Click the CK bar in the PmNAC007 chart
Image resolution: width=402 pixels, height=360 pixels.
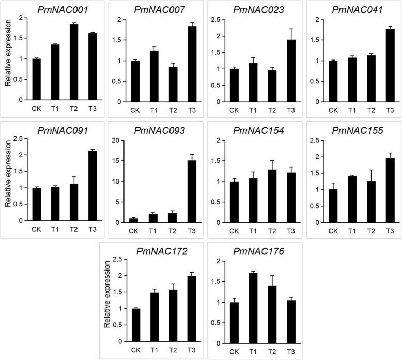click(135, 82)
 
